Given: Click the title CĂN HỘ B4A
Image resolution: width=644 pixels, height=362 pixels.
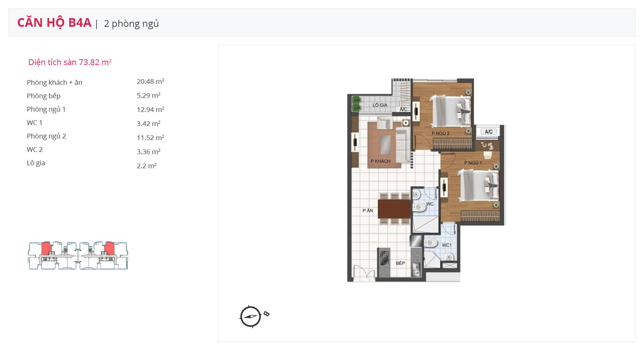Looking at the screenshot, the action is click(x=54, y=23).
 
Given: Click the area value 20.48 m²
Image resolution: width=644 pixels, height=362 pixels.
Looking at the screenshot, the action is click(x=150, y=81).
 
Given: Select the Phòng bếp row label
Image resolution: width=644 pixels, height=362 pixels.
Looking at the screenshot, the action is click(x=44, y=96).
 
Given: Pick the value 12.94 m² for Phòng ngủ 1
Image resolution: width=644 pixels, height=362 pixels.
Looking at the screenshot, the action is click(x=150, y=110).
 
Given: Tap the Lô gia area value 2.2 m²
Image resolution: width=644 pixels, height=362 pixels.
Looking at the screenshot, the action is click(x=147, y=166).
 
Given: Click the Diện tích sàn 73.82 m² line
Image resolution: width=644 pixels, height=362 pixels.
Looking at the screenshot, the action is click(x=70, y=62).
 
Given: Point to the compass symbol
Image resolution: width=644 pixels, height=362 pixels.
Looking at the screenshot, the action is click(x=251, y=316).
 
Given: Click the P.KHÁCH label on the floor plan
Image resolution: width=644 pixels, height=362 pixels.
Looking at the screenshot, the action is click(x=380, y=161).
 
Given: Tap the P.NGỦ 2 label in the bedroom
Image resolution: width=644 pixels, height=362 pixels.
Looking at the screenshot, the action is click(x=440, y=133).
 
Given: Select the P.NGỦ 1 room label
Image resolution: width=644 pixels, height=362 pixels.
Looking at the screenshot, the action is click(x=473, y=163).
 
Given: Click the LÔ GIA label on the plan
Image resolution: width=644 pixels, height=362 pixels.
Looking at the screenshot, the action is click(x=380, y=105).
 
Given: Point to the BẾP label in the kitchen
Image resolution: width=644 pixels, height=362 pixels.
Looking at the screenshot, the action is click(x=400, y=263).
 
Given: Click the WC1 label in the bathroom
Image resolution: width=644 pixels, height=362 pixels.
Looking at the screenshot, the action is click(x=446, y=245).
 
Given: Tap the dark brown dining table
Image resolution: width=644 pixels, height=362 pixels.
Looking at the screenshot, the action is click(x=394, y=209).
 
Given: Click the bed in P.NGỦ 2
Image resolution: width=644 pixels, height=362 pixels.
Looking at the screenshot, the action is click(x=451, y=110).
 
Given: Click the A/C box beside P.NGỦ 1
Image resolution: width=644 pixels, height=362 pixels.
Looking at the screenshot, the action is click(x=489, y=132).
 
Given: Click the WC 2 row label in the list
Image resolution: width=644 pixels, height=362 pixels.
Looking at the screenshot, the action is click(x=35, y=149).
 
